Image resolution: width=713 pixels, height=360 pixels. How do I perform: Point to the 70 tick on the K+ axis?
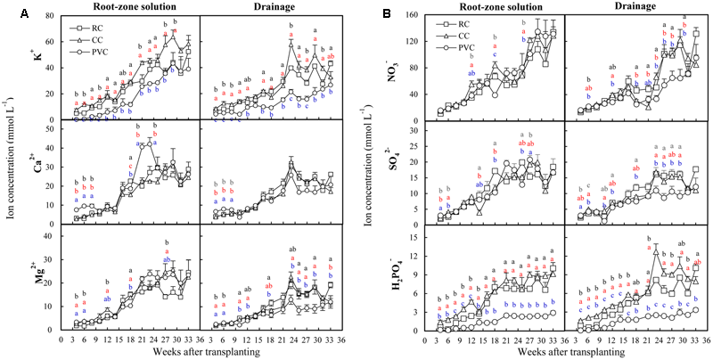click(51, 16)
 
